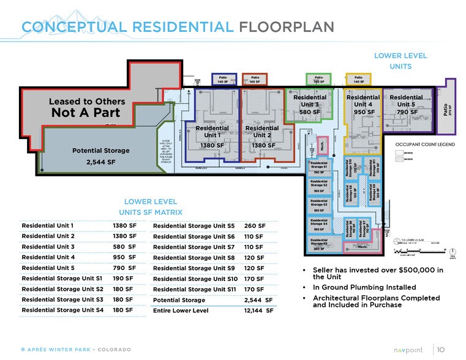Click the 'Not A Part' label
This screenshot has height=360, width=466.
coord(86,113)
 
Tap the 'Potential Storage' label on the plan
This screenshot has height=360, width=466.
coord(101,151)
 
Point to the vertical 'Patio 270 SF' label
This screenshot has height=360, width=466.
coord(451,108)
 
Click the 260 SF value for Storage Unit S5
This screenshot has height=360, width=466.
coord(255,226)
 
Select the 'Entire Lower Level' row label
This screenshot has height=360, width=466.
coord(181,311)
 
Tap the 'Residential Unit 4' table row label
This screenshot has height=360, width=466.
coord(48,258)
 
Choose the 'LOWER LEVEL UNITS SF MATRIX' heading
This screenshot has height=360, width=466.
coord(151,206)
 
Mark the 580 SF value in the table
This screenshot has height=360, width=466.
coord(124,247)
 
